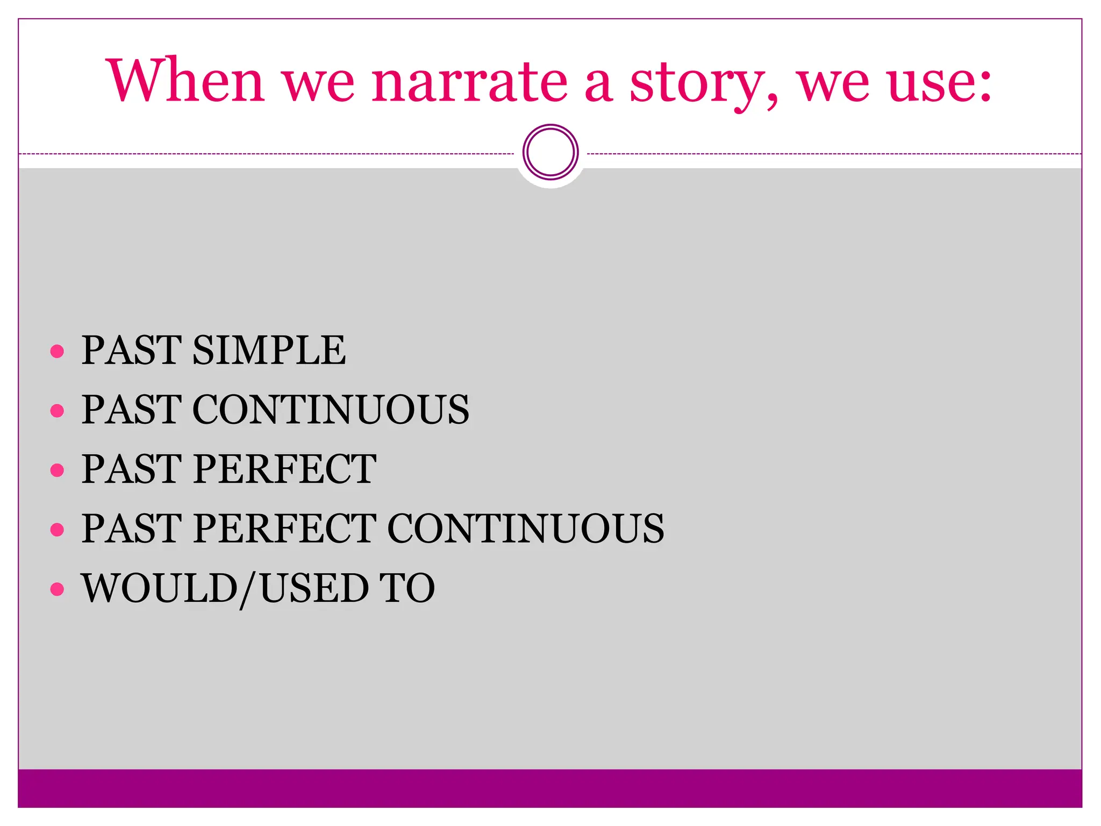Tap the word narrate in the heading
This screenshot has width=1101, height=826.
pyautogui.click(x=469, y=81)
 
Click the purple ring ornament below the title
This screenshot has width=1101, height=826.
pyautogui.click(x=550, y=152)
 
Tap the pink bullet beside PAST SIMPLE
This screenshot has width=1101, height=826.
pyautogui.click(x=57, y=352)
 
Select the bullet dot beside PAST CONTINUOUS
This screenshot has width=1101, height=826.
pyautogui.click(x=57, y=411)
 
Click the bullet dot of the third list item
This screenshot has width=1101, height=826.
pyautogui.click(x=57, y=471)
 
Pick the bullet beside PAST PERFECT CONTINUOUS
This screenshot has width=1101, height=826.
pyautogui.click(x=57, y=530)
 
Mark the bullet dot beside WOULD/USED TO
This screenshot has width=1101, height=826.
pyautogui.click(x=57, y=589)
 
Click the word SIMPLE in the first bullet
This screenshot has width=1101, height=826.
pyautogui.click(x=269, y=350)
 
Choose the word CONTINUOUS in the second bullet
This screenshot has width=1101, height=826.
pyautogui.click(x=330, y=410)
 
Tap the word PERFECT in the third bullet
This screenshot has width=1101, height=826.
pyautogui.click(x=284, y=469)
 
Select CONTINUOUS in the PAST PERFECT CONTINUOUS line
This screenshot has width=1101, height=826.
pyautogui.click(x=525, y=528)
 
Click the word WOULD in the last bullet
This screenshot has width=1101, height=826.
pyautogui.click(x=159, y=588)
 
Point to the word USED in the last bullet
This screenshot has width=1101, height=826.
pyautogui.click(x=314, y=588)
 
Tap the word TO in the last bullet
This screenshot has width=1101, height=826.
pyautogui.click(x=407, y=588)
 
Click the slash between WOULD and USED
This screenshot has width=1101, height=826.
pyautogui.click(x=249, y=589)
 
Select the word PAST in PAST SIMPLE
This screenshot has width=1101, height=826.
pyautogui.click(x=132, y=350)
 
